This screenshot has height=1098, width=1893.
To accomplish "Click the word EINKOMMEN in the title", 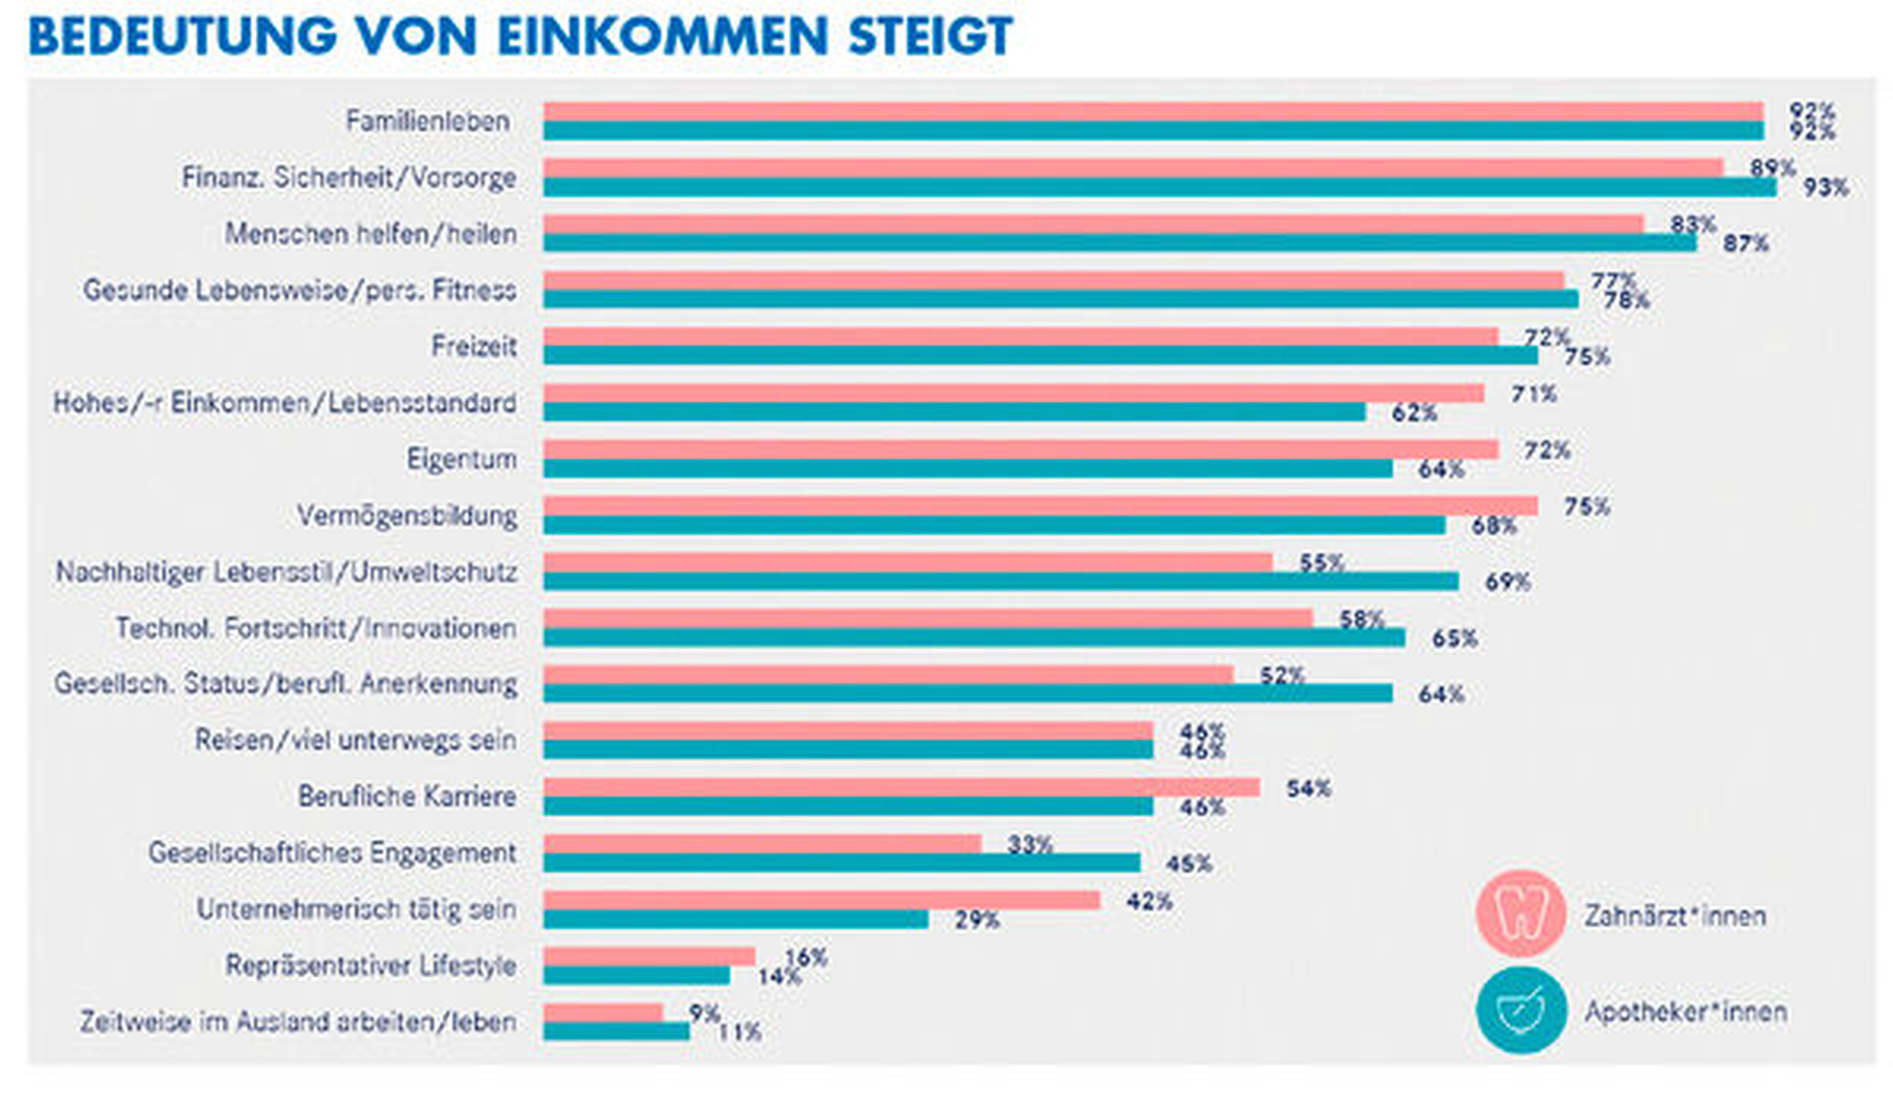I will (662, 37).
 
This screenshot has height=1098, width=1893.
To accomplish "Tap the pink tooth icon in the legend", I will (1520, 914).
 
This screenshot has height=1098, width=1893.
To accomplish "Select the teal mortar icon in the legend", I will (1520, 1010).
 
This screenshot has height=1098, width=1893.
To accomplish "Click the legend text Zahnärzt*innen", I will (1675, 916).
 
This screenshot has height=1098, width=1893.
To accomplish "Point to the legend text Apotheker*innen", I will (1686, 1012).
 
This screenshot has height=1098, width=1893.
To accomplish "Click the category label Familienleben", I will (427, 122).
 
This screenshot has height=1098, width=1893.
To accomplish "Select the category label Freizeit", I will (473, 347).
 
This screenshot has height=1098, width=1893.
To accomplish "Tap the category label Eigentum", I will (461, 459).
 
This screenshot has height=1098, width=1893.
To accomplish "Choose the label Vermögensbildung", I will (406, 516).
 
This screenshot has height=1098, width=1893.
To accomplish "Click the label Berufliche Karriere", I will (406, 797).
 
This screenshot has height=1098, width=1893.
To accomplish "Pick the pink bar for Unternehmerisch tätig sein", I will (821, 900).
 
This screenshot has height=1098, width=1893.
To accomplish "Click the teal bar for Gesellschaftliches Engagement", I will (841, 863).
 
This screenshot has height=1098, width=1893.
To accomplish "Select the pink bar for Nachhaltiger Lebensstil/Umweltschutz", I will (907, 562).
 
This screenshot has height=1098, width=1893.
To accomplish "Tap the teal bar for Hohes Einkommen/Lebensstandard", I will (953, 412).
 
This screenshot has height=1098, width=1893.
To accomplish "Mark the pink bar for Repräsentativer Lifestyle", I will (649, 957).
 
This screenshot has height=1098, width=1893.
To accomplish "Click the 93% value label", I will (1825, 187).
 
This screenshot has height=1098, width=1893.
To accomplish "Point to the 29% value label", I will (976, 921).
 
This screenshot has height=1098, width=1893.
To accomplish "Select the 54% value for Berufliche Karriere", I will (1308, 789).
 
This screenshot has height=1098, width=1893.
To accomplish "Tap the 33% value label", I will (1029, 845).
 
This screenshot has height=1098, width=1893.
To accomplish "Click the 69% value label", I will (1507, 582).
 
